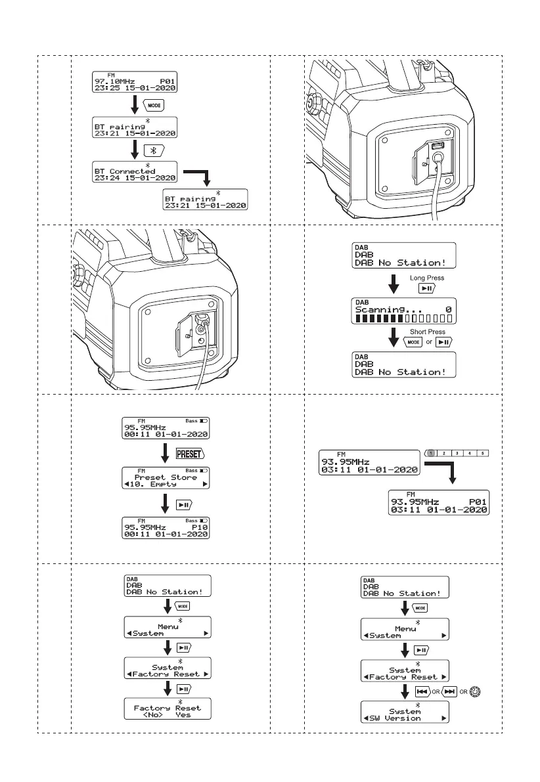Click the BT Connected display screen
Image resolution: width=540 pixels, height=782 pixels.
135,173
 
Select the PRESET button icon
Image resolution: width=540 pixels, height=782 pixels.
191,453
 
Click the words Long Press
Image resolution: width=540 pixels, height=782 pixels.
427,278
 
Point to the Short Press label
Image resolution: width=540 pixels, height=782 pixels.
427,332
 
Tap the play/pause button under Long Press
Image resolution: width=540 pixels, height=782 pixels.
426,289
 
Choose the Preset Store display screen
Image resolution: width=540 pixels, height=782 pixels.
168,477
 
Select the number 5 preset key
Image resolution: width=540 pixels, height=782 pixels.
483,453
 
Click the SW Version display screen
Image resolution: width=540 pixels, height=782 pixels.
405,713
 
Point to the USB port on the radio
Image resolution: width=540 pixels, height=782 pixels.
439,146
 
